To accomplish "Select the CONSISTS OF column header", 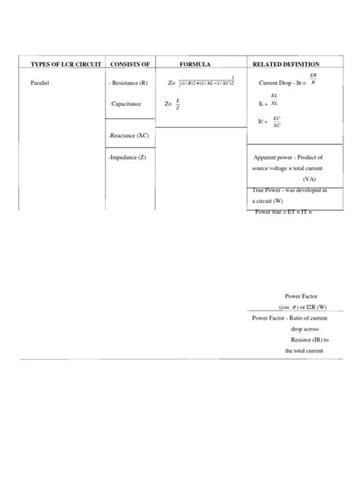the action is pyautogui.click(x=133, y=64).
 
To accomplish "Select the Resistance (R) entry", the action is pyautogui.click(x=134, y=82).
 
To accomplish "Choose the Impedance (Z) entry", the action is pyautogui.click(x=131, y=156).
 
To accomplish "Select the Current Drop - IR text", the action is pyautogui.click(x=281, y=82).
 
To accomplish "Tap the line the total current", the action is pyautogui.click(x=304, y=351).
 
